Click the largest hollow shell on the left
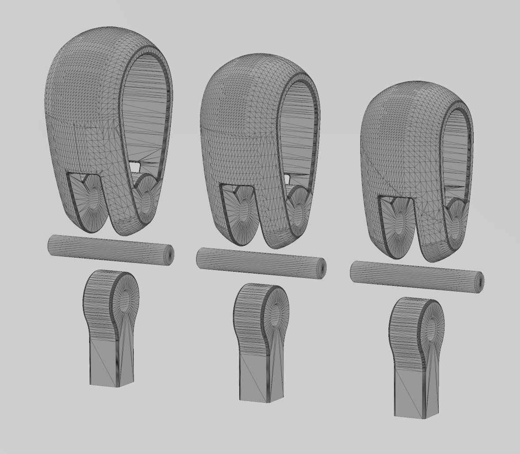84,110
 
